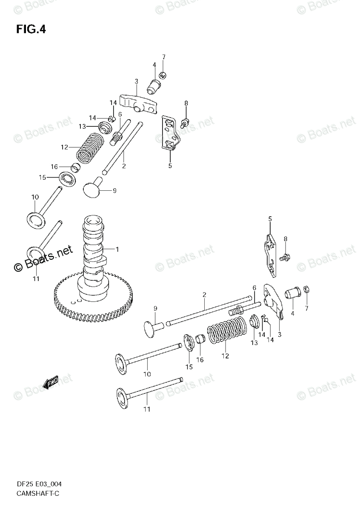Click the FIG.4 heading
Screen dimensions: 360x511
pyautogui.click(x=31, y=29)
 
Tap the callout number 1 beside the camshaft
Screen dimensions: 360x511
pyautogui.click(x=117, y=249)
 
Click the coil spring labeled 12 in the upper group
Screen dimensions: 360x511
pyautogui.click(x=90, y=147)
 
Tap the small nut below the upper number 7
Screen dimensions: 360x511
pyautogui.click(x=162, y=75)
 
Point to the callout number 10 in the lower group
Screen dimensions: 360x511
pyautogui.click(x=147, y=374)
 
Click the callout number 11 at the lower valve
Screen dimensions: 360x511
pyautogui.click(x=147, y=410)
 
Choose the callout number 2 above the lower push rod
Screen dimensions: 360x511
pyautogui.click(x=204, y=294)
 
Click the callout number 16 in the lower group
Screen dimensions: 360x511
pyautogui.click(x=200, y=360)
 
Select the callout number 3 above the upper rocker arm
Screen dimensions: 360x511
pyautogui.click(x=136, y=81)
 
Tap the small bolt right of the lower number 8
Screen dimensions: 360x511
pyautogui.click(x=284, y=257)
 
